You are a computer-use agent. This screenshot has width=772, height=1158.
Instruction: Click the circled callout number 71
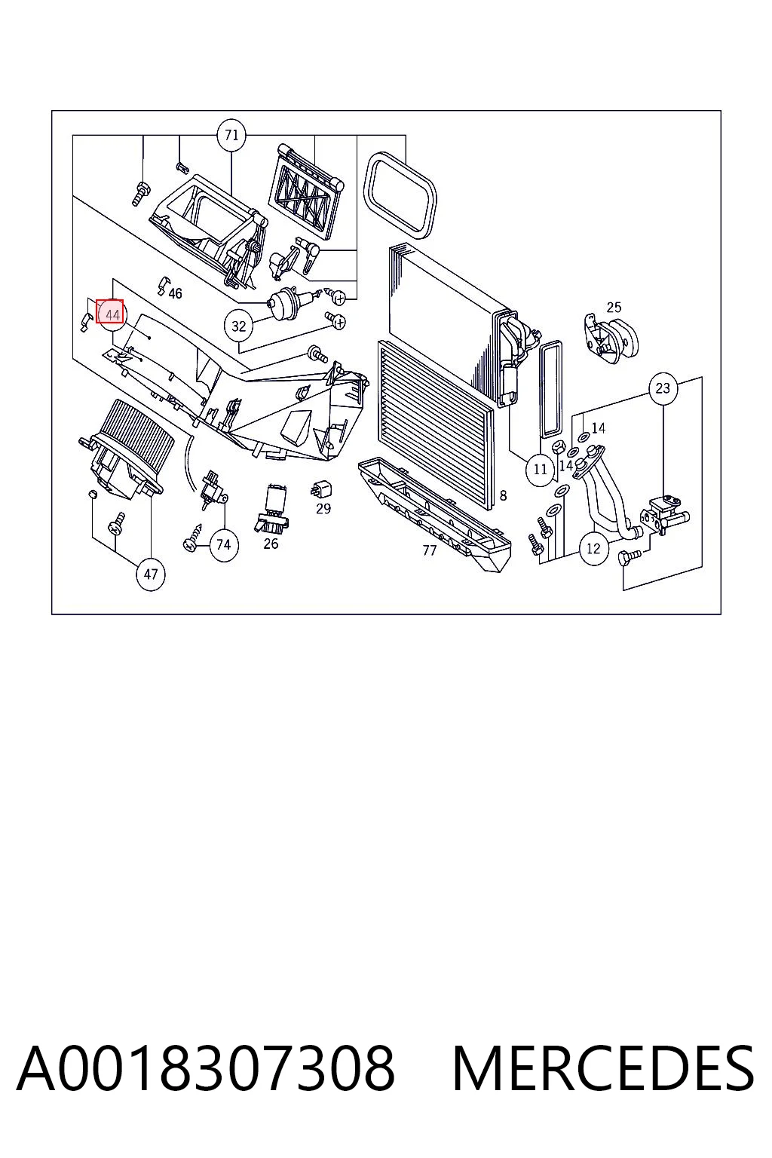(231, 136)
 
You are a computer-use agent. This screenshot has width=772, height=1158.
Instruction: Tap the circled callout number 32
(238, 326)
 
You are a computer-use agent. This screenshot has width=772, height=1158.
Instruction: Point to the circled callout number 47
(151, 574)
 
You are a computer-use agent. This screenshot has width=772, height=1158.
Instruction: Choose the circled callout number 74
(223, 545)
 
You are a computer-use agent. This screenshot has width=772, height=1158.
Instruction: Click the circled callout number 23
(663, 388)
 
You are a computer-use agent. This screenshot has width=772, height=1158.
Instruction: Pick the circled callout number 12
(593, 549)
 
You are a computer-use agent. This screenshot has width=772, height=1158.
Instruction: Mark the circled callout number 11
(540, 470)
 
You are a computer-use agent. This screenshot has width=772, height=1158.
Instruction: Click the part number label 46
(176, 293)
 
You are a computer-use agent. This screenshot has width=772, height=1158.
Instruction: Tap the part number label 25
(614, 308)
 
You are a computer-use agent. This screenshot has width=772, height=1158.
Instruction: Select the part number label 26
(271, 544)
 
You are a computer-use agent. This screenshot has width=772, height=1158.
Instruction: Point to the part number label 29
(323, 509)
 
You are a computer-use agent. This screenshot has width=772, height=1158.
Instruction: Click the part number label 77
(430, 551)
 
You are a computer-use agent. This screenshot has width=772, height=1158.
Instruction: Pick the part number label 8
(503, 496)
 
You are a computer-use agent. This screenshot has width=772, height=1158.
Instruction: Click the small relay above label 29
(321, 490)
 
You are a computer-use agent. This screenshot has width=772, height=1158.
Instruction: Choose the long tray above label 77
(434, 512)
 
